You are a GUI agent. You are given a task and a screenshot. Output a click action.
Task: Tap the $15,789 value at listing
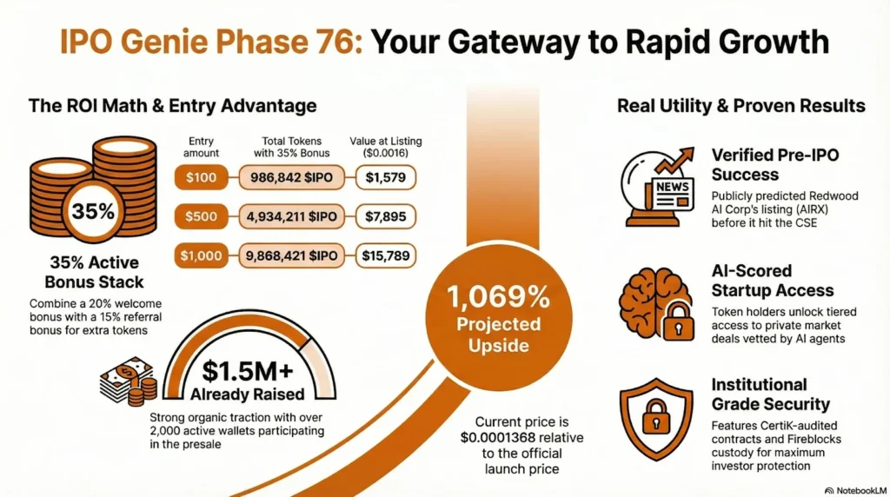pyautogui.click(x=386, y=256)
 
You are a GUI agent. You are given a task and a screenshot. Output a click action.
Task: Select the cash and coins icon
pyautogui.click(x=127, y=381)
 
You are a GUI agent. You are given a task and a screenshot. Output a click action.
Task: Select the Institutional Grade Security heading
pyautogui.click(x=770, y=394)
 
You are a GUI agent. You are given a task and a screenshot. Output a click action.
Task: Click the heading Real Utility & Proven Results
pyautogui.click(x=741, y=106)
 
